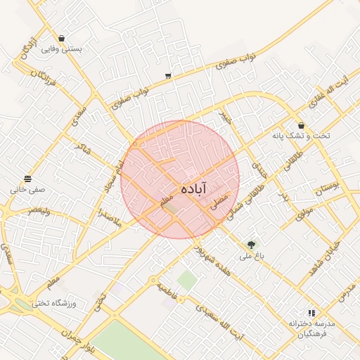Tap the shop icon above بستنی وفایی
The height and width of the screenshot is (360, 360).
(x=63, y=39)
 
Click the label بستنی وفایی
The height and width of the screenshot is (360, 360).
(x=63, y=50)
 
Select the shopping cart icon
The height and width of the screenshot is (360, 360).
(x=168, y=75)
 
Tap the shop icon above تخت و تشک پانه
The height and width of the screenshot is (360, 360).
(x=301, y=125)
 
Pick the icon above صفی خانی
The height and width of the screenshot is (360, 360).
(x=27, y=179)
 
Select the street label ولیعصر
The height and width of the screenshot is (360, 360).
(x=35, y=210)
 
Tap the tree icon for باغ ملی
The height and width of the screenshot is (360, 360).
(x=251, y=245)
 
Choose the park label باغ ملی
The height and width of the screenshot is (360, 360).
(x=251, y=257)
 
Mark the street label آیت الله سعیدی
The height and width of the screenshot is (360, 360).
(x=219, y=321)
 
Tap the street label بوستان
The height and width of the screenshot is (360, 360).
(x=328, y=188)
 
